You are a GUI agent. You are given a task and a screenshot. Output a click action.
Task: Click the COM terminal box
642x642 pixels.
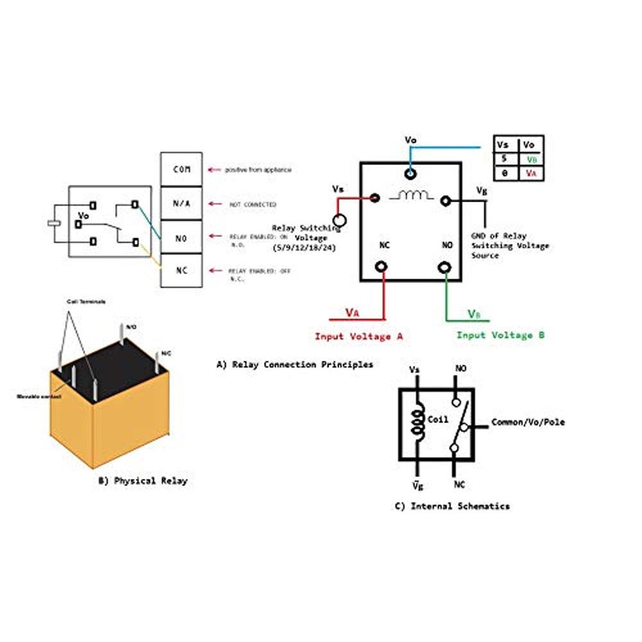[181, 169]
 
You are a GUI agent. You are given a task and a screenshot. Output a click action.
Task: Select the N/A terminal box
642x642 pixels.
[181, 204]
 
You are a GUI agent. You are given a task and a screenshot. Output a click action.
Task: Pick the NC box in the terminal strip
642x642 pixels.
[181, 270]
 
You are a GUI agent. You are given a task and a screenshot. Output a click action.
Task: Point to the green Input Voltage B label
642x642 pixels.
[501, 335]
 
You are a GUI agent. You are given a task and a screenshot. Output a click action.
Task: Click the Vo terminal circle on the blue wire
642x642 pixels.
[410, 173]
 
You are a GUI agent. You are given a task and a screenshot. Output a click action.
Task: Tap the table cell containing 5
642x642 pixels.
[505, 159]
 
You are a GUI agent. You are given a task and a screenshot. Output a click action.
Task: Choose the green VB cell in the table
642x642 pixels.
[531, 159]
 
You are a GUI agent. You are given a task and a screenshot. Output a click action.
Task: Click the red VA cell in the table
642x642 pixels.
[531, 173]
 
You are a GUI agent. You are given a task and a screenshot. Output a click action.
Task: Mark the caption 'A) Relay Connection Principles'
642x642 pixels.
[295, 365]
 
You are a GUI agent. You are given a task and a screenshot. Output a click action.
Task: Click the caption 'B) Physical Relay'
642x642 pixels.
[143, 480]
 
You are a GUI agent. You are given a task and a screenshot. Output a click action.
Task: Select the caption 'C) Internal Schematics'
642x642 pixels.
[452, 506]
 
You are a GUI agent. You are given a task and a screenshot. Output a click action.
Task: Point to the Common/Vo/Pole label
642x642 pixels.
[528, 422]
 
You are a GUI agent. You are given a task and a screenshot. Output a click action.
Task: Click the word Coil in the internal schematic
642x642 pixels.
[438, 420]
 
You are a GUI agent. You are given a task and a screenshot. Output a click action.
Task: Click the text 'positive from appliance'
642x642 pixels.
[257, 169]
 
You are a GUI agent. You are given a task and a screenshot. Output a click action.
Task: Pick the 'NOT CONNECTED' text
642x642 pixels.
[253, 204]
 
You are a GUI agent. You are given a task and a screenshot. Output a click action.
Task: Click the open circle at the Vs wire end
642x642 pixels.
[340, 221]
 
